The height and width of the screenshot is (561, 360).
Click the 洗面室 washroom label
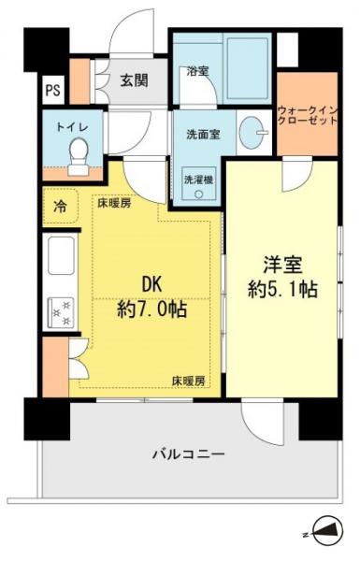[202, 133]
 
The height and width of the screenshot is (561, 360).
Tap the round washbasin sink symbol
[250, 133]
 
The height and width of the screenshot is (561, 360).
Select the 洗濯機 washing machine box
[198, 181]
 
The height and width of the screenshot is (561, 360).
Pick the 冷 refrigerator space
[59, 205]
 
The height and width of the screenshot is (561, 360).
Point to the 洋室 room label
[281, 265]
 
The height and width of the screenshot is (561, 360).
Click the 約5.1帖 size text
[281, 291]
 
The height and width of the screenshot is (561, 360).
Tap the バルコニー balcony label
[189, 454]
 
